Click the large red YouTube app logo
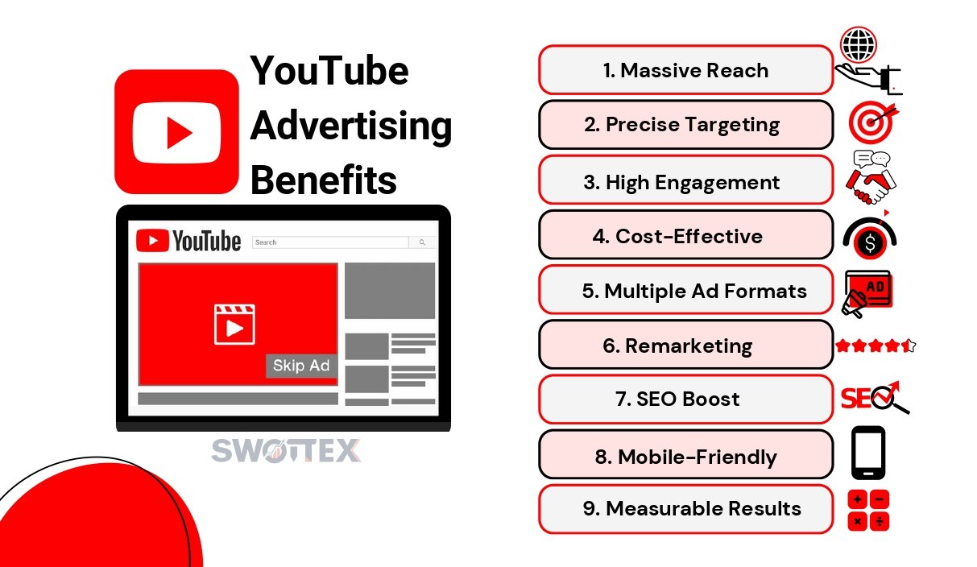(x=176, y=131)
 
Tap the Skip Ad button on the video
(x=301, y=366)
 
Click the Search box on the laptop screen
(x=330, y=242)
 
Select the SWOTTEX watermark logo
(x=286, y=450)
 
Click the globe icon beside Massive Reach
(x=859, y=44)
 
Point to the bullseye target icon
(x=871, y=122)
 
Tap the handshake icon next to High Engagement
(x=871, y=177)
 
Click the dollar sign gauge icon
(x=870, y=238)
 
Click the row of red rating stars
(x=876, y=346)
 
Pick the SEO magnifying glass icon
(x=875, y=397)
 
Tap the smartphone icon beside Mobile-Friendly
(x=868, y=453)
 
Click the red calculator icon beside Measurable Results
(x=868, y=511)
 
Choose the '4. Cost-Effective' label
(x=678, y=237)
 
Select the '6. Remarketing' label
(x=678, y=346)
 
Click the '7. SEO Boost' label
(x=678, y=399)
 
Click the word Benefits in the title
(x=324, y=180)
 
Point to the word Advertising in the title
(x=351, y=126)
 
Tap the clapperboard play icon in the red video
(x=234, y=325)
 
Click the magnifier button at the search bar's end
(x=422, y=242)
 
